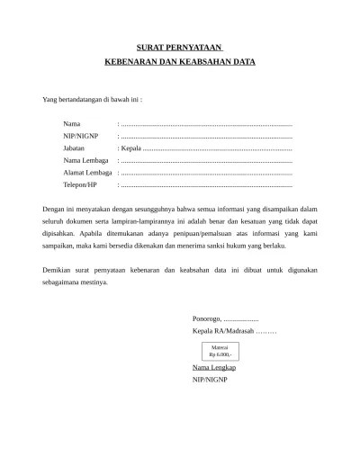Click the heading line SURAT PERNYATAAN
(x=180, y=46)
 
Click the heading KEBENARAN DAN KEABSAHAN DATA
(x=180, y=63)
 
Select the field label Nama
(x=71, y=121)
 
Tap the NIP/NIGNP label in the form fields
(x=80, y=134)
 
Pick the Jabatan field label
(x=75, y=147)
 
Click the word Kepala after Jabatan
(x=131, y=147)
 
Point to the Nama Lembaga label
(x=85, y=159)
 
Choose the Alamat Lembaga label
(x=87, y=172)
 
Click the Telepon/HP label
(x=80, y=184)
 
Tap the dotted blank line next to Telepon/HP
(x=206, y=184)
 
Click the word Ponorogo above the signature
(x=206, y=319)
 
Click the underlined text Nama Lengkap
(x=213, y=368)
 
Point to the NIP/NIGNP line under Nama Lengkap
(x=210, y=381)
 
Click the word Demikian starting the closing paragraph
(x=58, y=269)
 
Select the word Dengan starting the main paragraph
(x=56, y=209)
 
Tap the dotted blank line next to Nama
(x=206, y=121)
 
